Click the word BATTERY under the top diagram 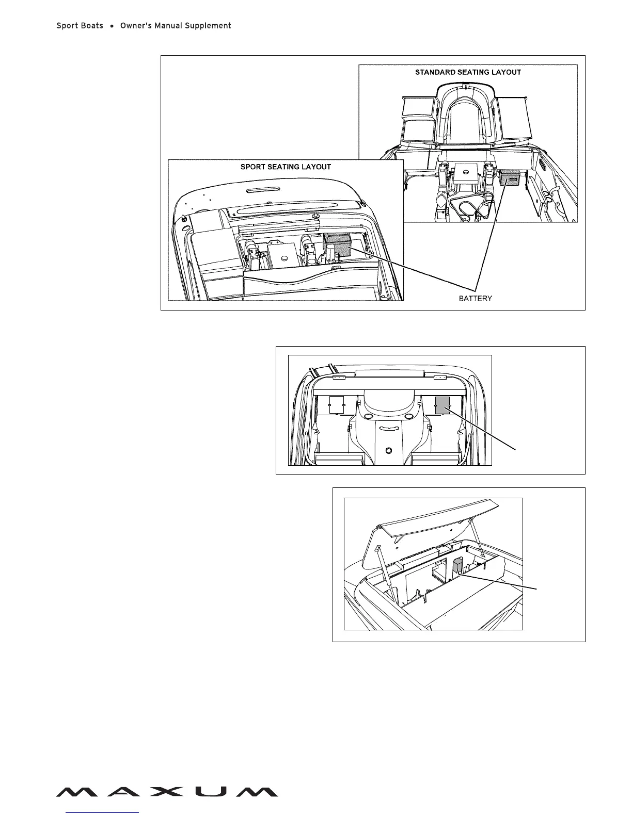[475, 298]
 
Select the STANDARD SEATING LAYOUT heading [468, 72]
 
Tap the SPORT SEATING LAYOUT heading [286, 167]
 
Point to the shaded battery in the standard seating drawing [511, 178]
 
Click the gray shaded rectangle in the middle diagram [443, 405]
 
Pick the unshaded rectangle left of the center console [337, 404]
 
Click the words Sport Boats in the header [80, 26]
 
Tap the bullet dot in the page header [112, 26]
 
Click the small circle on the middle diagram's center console [389, 450]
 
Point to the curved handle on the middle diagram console [389, 428]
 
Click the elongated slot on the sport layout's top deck [263, 190]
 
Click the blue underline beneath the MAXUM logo [103, 813]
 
